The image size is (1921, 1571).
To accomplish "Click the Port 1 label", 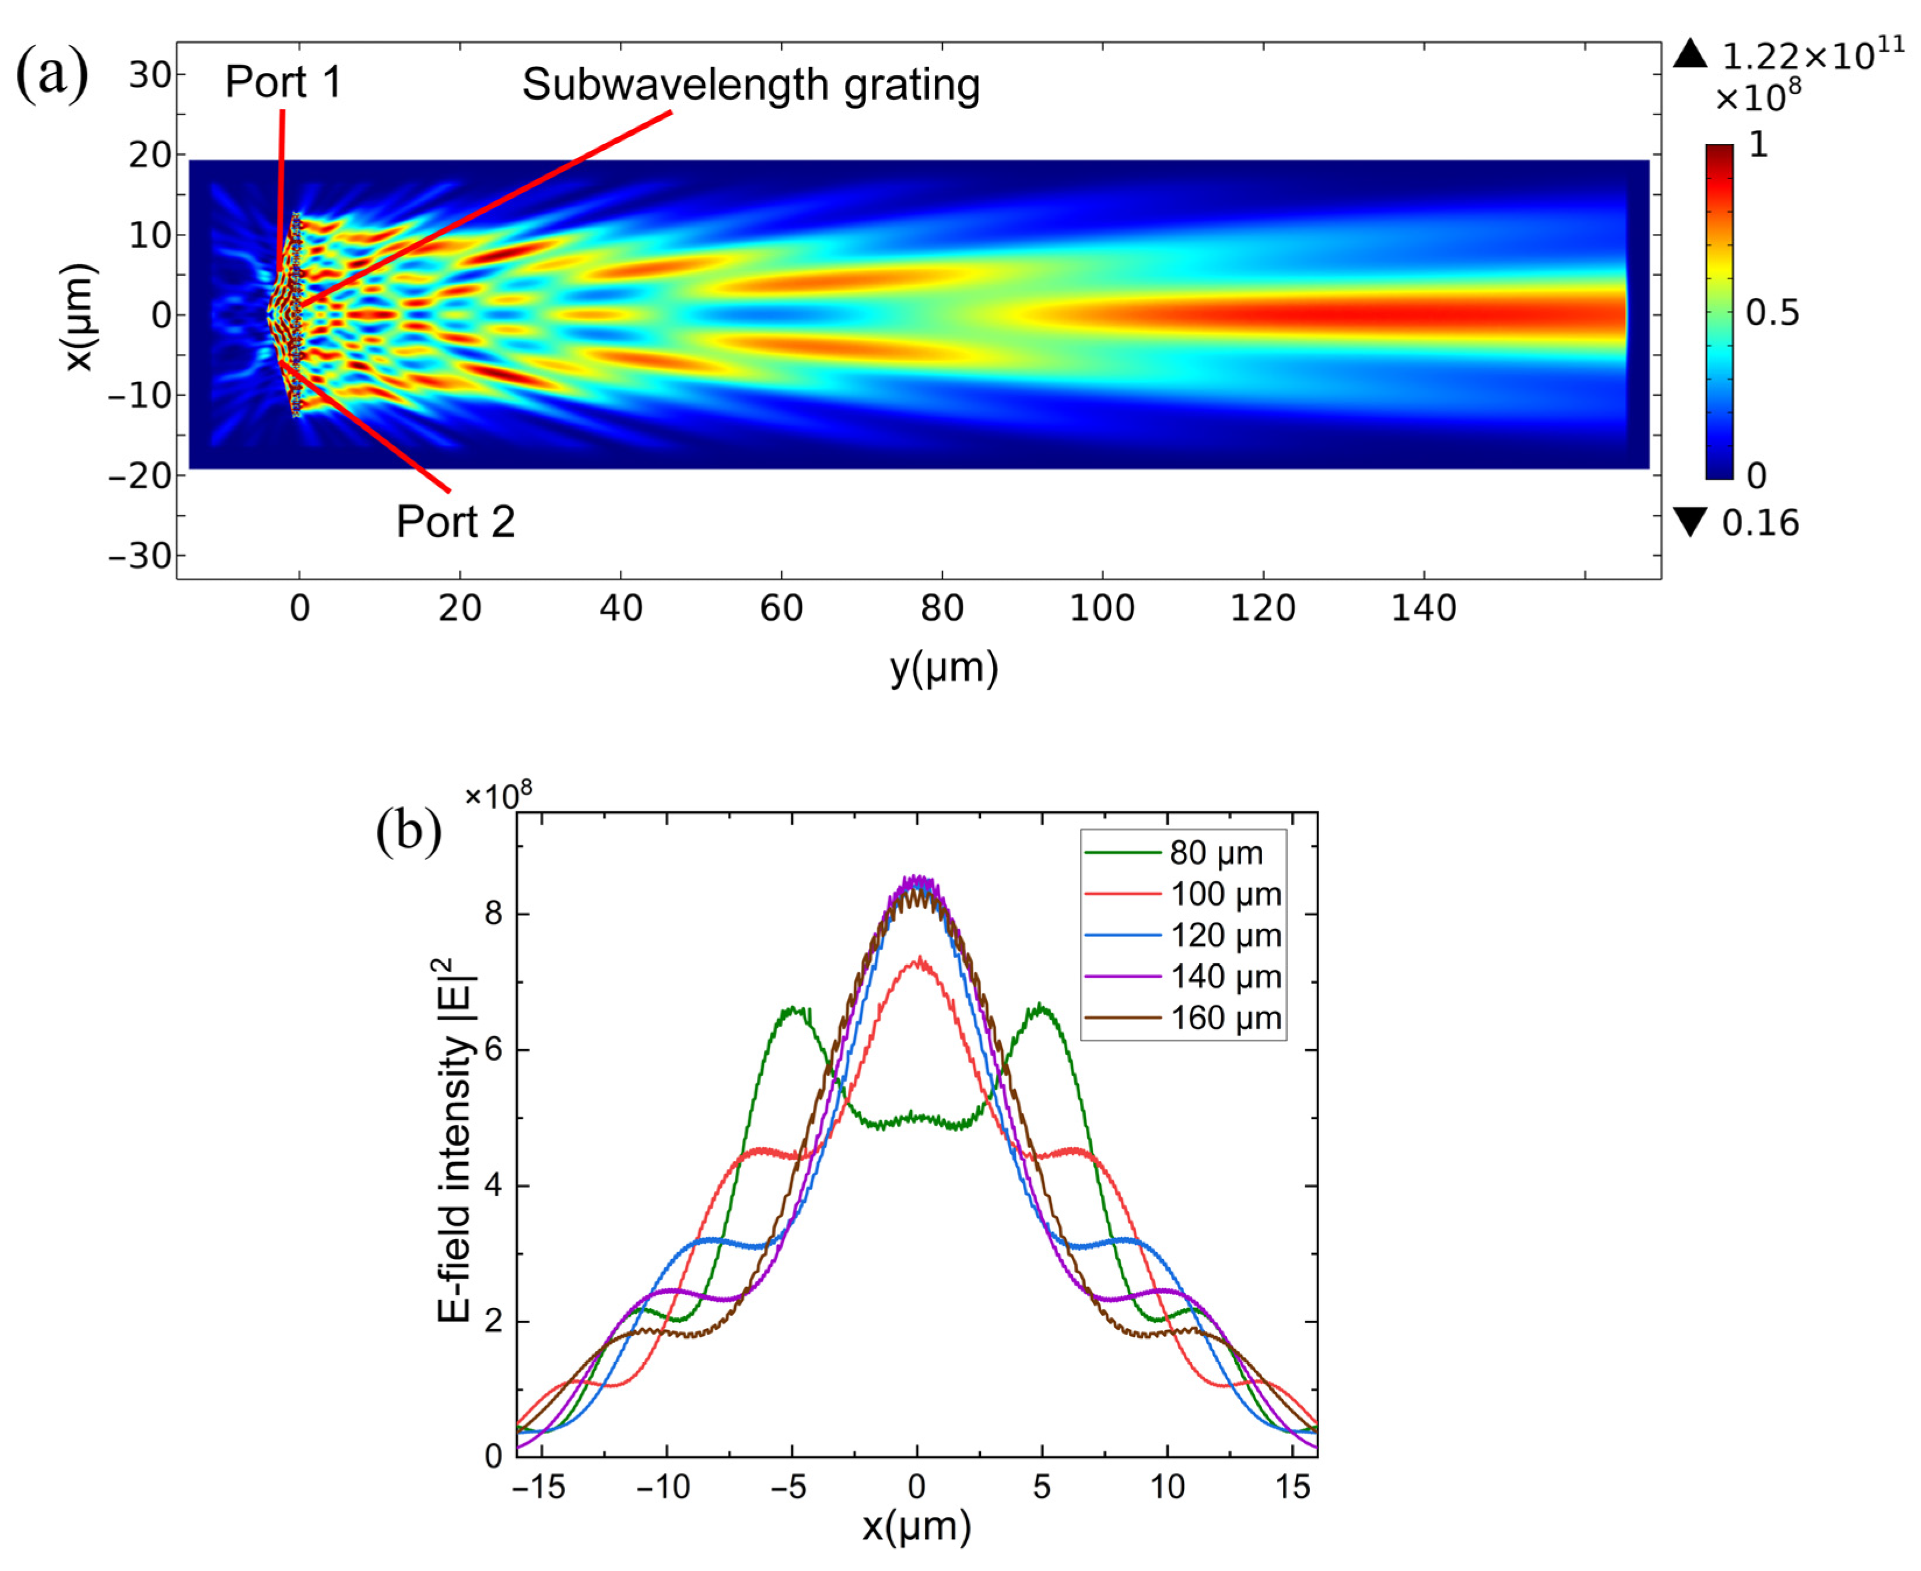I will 283,82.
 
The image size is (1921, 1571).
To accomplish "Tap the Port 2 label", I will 455,522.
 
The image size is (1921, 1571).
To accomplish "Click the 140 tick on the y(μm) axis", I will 1424,609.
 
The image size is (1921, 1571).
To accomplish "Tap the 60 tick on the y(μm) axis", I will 781,609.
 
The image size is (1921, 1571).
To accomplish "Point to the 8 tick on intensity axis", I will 494,913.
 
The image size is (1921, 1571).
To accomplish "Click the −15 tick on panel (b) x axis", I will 539,1486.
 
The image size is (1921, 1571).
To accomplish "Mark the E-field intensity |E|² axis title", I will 457,1139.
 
